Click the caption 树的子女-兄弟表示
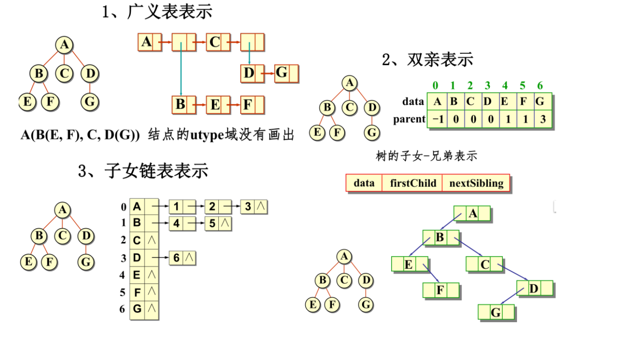pos(426,156)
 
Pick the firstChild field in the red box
pos(413,183)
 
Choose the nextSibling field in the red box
pos(476,183)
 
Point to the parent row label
pos(409,119)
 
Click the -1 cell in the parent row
pos(437,119)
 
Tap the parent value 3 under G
pos(542,119)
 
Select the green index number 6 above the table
pos(540,85)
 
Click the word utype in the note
pos(205,135)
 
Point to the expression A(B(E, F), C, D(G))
pos(80,135)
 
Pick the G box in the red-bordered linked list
pos(282,73)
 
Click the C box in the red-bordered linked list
pos(214,42)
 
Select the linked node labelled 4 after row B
pos(176,224)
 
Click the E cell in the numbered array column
pos(137,275)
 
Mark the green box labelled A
pos(473,213)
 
